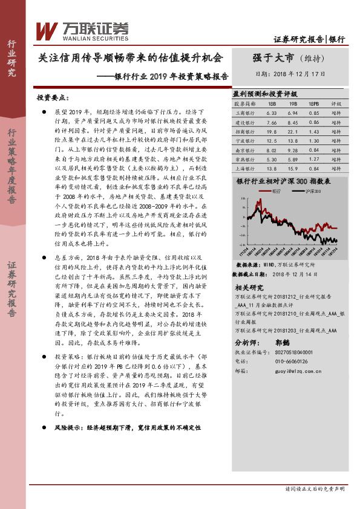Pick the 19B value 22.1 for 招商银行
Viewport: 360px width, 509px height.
pos(292,131)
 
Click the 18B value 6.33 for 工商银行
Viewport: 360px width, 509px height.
pos(271,113)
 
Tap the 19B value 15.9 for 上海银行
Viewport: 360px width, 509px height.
pos(292,169)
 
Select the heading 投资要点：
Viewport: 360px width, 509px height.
pos(52,97)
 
